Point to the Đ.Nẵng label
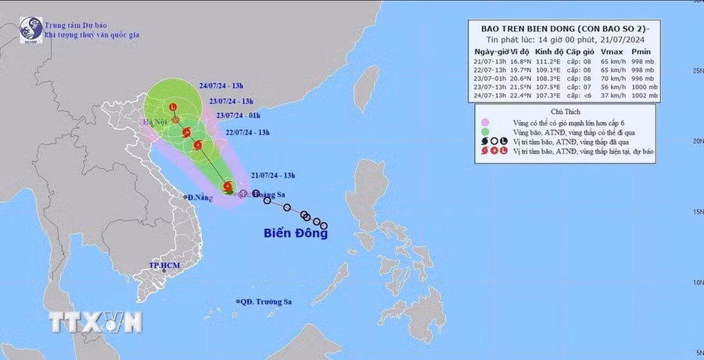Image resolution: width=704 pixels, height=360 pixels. click(201, 197)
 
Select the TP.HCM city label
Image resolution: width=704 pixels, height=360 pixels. click(166, 266)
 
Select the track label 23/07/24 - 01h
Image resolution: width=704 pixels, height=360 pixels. click(236, 115)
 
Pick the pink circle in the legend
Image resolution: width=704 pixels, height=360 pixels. click(485, 122)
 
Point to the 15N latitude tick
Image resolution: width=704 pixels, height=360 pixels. click(694, 211)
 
